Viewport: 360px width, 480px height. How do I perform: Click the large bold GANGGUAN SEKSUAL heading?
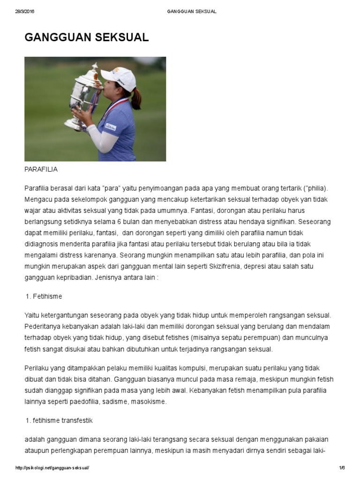87,38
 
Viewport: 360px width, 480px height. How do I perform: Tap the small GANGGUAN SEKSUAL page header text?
192,12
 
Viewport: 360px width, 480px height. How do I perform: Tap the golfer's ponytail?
136,99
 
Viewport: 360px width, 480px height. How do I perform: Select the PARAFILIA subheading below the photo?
41,169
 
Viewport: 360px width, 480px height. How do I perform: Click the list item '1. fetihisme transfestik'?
59,420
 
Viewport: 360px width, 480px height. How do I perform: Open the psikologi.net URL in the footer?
52,468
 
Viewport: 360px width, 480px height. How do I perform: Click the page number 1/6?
341,468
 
